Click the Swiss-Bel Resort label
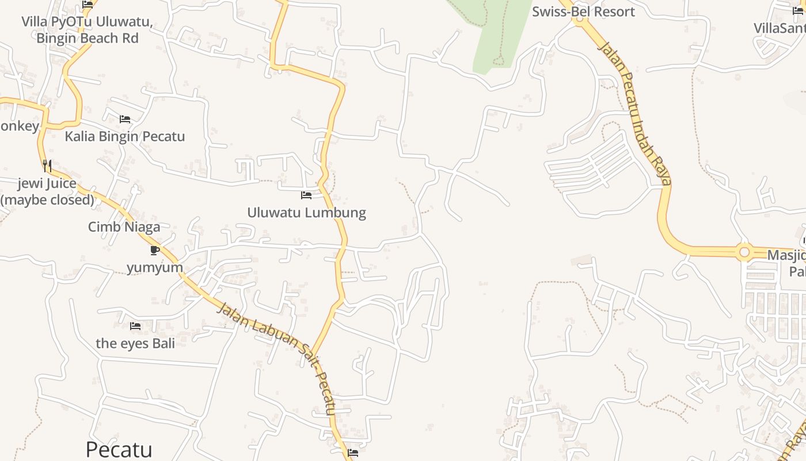(x=583, y=12)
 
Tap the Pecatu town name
(x=119, y=449)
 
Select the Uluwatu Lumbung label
(x=306, y=212)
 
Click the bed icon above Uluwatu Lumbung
(x=306, y=195)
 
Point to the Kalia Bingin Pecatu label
(x=125, y=137)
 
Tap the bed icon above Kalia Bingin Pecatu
(x=125, y=119)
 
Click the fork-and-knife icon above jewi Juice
(x=47, y=166)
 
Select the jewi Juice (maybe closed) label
(x=47, y=192)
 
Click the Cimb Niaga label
(x=124, y=227)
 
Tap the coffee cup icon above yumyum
(x=154, y=250)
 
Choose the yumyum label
(x=155, y=267)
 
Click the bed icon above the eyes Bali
(x=135, y=326)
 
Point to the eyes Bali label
(x=135, y=343)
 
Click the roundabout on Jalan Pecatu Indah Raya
(x=744, y=252)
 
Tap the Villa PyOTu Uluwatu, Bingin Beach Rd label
(x=87, y=30)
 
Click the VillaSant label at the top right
(x=780, y=28)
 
